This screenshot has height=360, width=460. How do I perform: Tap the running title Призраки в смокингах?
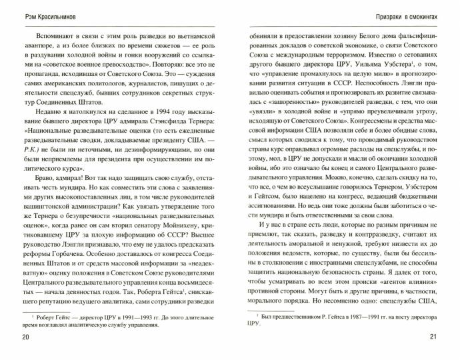pyautogui.click(x=405, y=15)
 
